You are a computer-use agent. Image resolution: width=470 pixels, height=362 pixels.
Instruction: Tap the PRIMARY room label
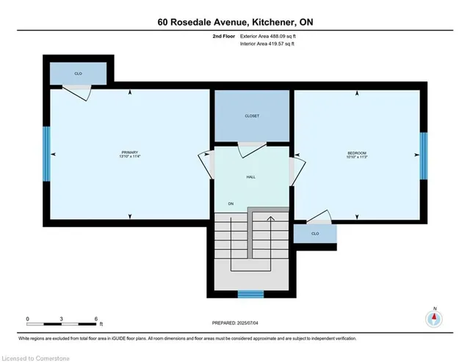(x=130, y=152)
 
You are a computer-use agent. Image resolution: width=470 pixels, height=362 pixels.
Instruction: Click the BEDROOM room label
(x=357, y=152)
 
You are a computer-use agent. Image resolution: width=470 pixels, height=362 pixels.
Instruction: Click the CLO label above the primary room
(x=77, y=73)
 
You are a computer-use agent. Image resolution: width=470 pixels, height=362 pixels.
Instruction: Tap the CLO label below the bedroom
(x=315, y=234)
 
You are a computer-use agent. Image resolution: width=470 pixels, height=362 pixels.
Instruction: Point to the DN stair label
(x=230, y=204)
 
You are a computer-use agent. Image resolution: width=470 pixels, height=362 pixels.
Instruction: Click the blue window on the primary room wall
(x=46, y=154)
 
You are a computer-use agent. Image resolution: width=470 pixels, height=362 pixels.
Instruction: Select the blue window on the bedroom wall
(x=423, y=155)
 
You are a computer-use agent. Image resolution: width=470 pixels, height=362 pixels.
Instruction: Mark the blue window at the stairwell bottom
(x=250, y=295)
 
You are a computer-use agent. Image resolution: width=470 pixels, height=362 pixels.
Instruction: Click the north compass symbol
(x=435, y=318)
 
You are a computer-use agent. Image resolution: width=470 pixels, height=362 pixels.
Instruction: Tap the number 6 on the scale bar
(x=97, y=318)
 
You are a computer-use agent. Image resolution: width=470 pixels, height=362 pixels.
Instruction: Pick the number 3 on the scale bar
(x=62, y=318)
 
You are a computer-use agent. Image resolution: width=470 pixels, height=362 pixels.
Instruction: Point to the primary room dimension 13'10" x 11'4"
(x=130, y=157)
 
